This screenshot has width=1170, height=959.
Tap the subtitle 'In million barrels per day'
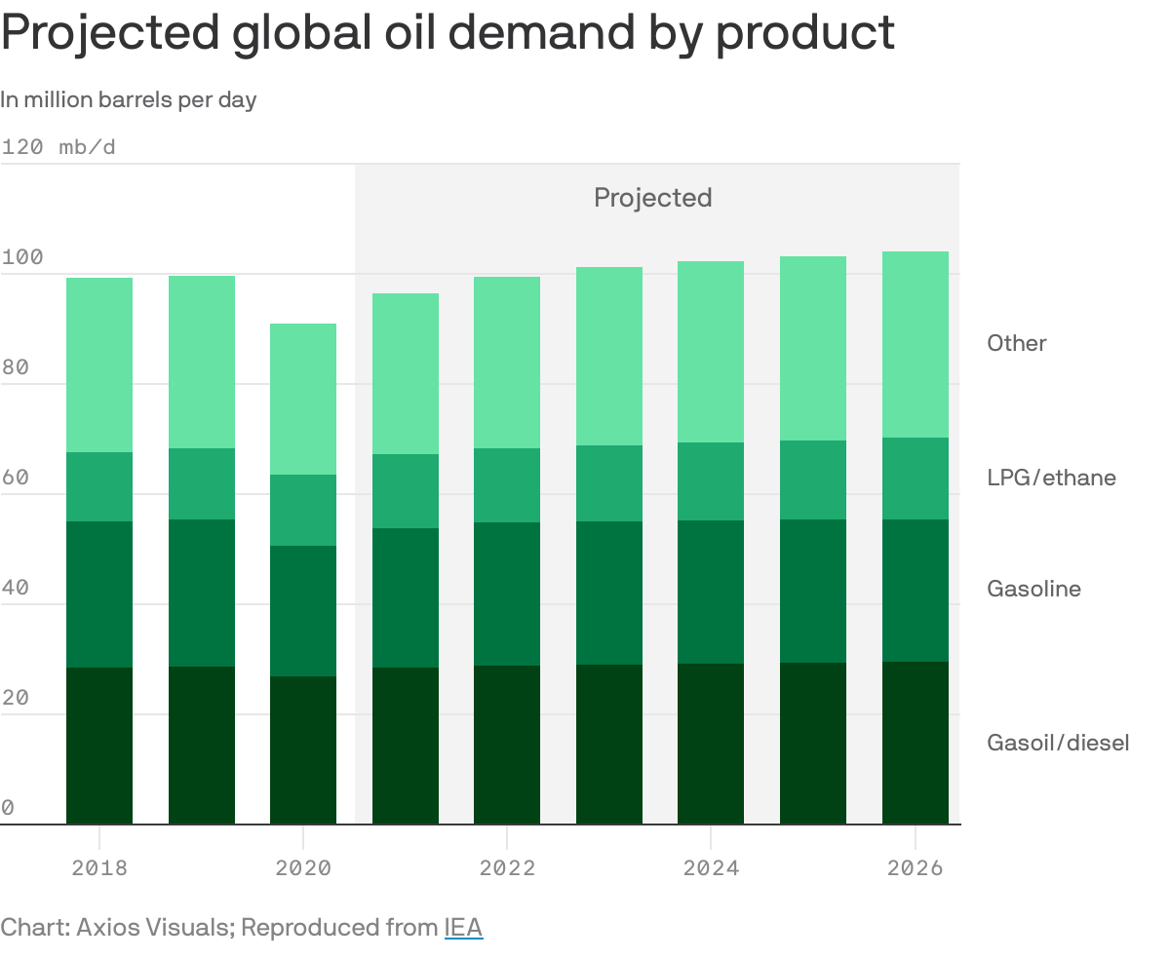coord(128,99)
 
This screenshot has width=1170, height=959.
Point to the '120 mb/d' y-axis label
coord(58,147)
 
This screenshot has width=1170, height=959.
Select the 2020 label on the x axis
coord(303,867)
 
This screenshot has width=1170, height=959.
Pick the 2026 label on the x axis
coord(915,867)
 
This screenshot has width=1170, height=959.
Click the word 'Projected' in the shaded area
coord(652,198)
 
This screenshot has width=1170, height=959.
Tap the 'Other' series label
coord(1016,343)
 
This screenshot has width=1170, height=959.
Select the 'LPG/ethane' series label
coord(1051,478)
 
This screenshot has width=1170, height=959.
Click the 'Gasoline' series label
coord(1033,589)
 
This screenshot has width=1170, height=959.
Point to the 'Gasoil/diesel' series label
coord(1058,743)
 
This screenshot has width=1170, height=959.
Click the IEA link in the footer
coord(463,927)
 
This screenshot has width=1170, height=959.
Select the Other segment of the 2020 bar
coord(303,399)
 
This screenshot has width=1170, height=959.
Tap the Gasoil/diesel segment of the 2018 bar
coord(99,746)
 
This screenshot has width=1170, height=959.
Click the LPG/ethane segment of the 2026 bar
coord(915,479)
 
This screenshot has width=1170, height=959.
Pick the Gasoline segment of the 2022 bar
coord(507,594)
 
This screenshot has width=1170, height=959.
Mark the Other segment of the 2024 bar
coord(711,352)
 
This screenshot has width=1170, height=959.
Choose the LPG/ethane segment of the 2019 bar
coord(202,483)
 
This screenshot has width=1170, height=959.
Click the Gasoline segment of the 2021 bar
coord(406,597)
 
